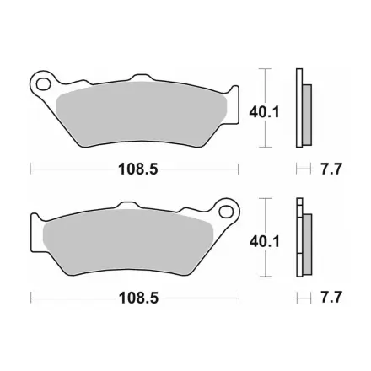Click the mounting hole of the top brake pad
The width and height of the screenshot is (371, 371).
(43, 84)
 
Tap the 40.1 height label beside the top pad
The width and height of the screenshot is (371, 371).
(264, 113)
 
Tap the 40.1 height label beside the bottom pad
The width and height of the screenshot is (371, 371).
(265, 242)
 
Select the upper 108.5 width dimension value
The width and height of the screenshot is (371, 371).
(138, 169)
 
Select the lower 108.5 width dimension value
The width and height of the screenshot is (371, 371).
(138, 298)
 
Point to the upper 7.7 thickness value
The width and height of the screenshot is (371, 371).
(331, 169)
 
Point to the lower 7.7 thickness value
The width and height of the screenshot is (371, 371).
(331, 298)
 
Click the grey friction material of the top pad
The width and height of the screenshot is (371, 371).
(141, 114)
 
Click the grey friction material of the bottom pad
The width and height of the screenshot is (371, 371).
(128, 242)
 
